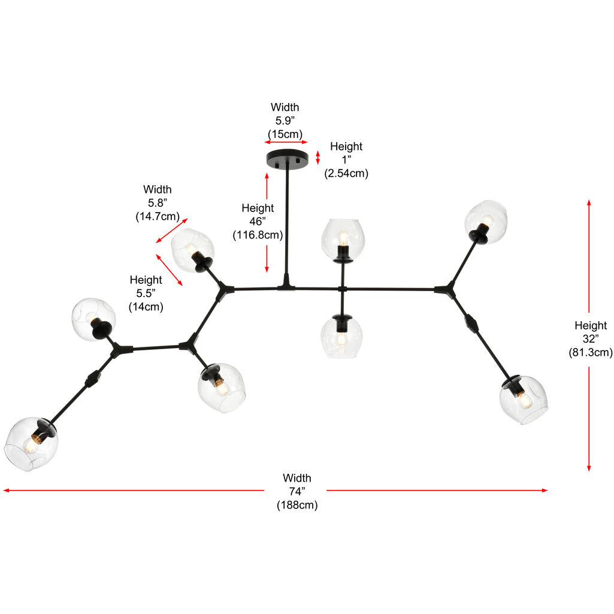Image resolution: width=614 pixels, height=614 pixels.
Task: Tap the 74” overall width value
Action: click(297, 491)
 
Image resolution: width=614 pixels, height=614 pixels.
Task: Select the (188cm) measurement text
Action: click(297, 505)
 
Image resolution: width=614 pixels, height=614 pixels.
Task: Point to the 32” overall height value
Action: click(590, 339)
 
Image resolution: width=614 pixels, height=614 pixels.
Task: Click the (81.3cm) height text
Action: click(590, 353)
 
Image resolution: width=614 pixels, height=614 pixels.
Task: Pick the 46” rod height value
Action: click(258, 222)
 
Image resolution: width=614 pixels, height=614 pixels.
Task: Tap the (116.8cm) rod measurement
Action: click(258, 235)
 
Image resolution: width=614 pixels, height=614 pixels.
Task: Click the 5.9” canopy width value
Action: click(285, 120)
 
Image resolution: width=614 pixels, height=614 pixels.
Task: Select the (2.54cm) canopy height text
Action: click(346, 174)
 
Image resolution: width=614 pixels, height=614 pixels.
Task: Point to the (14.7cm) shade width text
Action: click(158, 216)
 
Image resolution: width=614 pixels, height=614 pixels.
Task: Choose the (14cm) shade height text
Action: click(146, 307)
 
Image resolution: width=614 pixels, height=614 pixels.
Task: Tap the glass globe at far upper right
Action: click(486, 221)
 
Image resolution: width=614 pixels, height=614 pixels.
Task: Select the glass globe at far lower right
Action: click(524, 400)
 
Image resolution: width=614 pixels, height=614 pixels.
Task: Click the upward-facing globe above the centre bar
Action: click(343, 238)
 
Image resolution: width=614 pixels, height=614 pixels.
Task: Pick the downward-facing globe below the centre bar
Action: click(341, 337)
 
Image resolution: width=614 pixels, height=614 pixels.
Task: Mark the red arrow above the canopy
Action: click(286, 143)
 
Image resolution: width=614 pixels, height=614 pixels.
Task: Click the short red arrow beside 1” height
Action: click(318, 157)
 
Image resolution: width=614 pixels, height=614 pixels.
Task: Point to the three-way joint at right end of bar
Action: click(445, 290)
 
